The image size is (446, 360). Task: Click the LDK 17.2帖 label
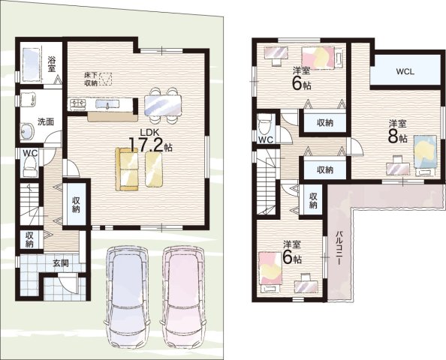(x=150, y=141)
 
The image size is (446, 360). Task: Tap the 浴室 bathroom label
(x=52, y=64)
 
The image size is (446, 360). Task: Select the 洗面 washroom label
(x=46, y=121)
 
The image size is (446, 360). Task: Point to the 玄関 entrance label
(x=61, y=263)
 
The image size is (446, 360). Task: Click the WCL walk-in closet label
(x=405, y=71)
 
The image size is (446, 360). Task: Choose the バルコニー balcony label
(x=339, y=248)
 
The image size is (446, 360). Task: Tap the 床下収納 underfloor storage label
(x=91, y=79)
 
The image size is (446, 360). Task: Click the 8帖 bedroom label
(x=398, y=133)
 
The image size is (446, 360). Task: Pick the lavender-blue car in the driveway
(x=127, y=298)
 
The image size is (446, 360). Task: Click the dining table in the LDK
(x=163, y=106)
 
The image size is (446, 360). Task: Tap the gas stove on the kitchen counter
(x=77, y=103)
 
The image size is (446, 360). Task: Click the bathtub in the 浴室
(x=31, y=64)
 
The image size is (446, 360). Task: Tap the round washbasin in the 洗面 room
(x=27, y=131)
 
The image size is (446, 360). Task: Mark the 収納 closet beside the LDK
(x=77, y=205)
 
